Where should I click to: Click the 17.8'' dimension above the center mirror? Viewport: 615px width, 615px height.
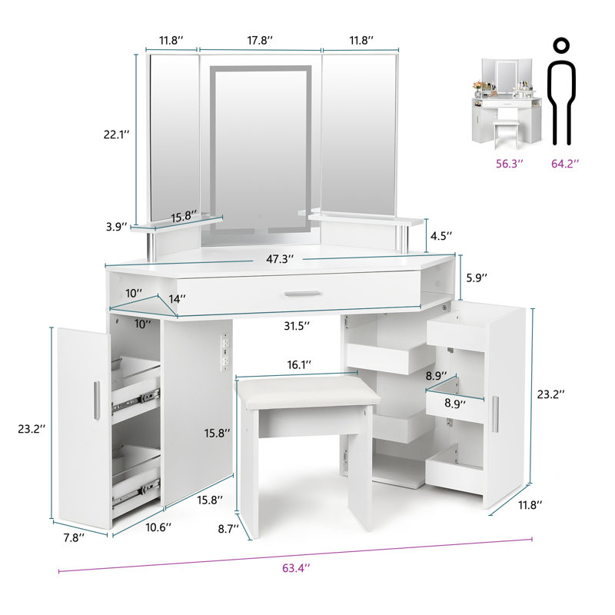pos(259,39)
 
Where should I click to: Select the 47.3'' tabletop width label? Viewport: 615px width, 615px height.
pos(280,259)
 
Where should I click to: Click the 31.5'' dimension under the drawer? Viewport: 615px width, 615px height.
pos(296,326)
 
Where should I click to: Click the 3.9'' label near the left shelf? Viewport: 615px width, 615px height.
pos(117,228)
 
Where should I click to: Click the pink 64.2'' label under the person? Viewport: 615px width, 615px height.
pos(565,163)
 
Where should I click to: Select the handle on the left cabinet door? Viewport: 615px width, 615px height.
pos(95,400)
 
